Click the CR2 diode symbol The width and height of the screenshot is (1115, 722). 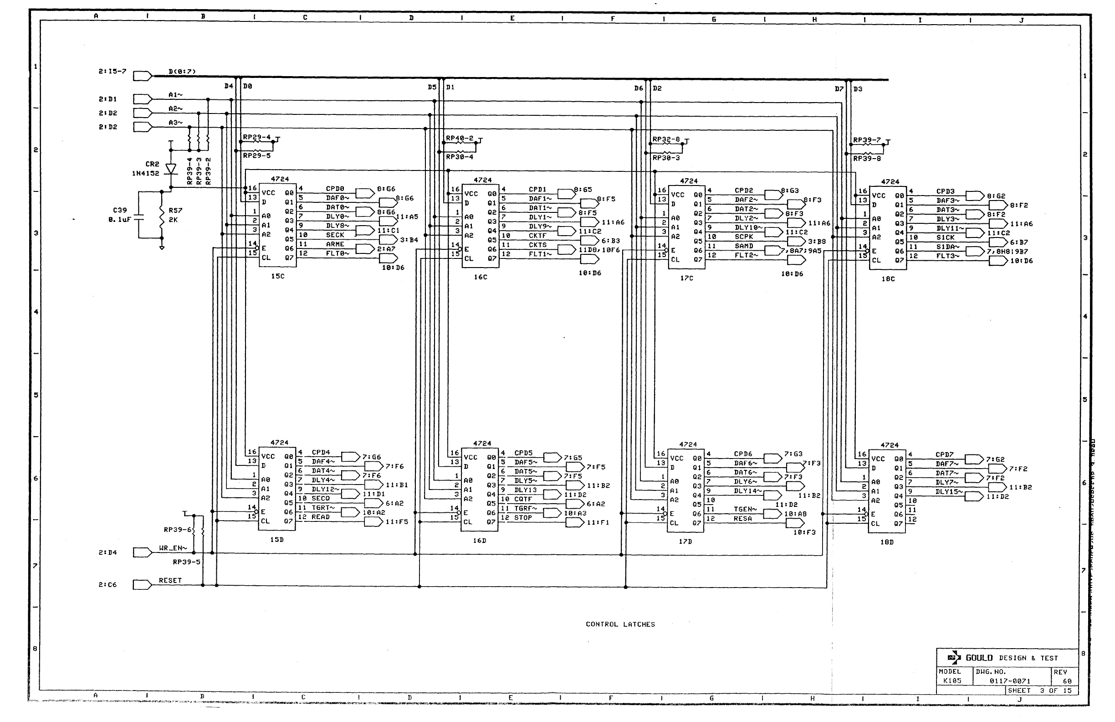tap(171, 168)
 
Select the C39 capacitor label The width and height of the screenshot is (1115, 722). tap(119, 210)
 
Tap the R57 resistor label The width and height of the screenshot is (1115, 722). tap(176, 211)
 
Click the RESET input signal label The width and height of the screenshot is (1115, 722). tap(169, 580)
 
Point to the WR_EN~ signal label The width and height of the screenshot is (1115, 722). tap(173, 548)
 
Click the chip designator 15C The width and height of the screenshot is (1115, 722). tap(277, 276)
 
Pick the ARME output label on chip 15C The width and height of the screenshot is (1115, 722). tap(335, 244)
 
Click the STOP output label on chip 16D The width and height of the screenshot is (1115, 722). tap(523, 518)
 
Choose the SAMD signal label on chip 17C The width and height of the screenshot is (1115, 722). tap(743, 246)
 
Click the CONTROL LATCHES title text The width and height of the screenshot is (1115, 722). tap(620, 624)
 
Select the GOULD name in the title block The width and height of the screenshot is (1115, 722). tap(979, 658)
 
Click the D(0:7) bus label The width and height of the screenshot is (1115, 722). tap(182, 72)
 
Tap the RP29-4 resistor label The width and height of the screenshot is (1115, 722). tap(256, 137)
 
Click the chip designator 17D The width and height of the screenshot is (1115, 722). tap(685, 541)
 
